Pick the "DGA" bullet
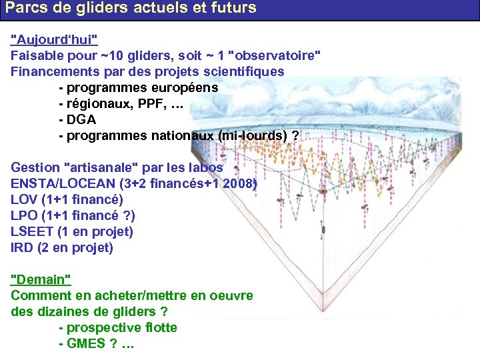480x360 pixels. (x=81, y=120)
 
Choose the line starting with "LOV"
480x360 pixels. (x=67, y=199)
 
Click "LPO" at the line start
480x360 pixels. (x=24, y=215)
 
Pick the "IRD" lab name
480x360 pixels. (x=21, y=248)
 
